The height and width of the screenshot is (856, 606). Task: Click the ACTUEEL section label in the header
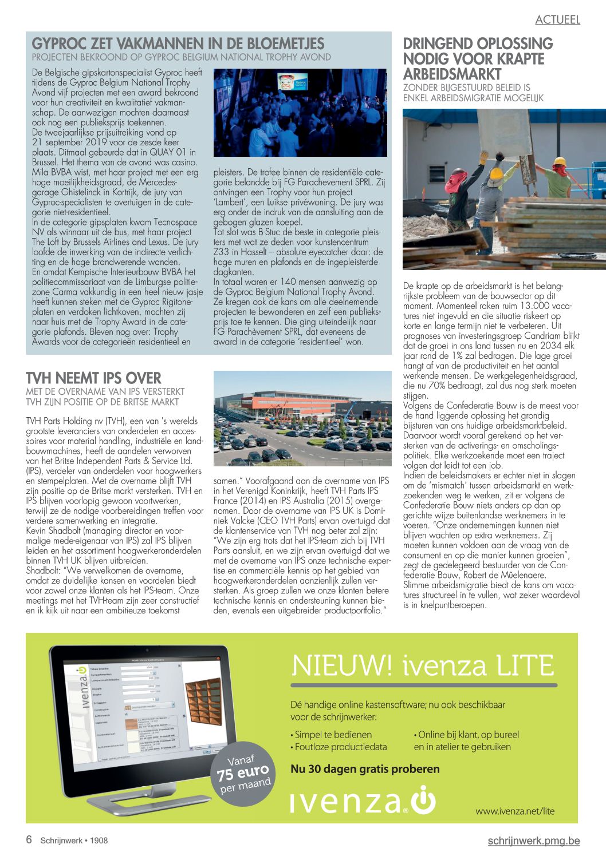pos(557,19)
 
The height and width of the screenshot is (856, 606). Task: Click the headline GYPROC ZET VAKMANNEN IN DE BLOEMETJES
pos(178,43)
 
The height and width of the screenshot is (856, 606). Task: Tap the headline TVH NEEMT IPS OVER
pos(93,378)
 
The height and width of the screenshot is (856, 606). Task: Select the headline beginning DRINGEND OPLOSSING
pos(478,59)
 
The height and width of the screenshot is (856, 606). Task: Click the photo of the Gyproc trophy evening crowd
pos(300,113)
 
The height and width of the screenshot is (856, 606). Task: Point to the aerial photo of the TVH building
pos(302,418)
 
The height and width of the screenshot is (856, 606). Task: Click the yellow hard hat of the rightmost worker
pos(560,161)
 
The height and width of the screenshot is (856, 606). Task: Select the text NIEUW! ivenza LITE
pos(423,665)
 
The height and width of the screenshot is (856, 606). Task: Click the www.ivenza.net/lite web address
pos(514,811)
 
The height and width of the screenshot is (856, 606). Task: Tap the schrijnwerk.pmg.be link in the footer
pos(533,841)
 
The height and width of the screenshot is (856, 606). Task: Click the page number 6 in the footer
pos(29,840)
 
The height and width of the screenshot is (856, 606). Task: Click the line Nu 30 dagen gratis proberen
pos(365,769)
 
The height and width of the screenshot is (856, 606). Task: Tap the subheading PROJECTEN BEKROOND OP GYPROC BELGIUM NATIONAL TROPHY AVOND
pos(181,57)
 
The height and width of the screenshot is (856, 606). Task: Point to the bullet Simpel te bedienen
pos(333,735)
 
